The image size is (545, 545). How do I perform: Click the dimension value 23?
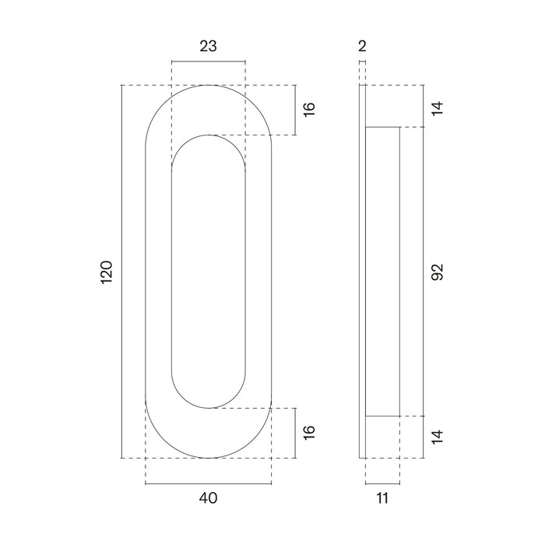[208, 46]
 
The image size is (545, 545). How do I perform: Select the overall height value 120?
[107, 271]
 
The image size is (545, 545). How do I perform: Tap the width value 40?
[208, 497]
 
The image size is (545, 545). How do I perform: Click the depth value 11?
[381, 497]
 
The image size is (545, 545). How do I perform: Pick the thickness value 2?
[362, 46]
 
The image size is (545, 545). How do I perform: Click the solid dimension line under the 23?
[208, 62]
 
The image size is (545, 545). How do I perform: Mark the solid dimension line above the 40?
[208, 484]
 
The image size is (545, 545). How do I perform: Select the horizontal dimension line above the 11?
[381, 484]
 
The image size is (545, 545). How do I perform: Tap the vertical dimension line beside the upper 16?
[296, 110]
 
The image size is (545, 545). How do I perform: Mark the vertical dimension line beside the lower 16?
[296, 432]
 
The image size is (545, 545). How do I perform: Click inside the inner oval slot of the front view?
[208, 271]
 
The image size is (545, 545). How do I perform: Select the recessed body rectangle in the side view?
[382, 271]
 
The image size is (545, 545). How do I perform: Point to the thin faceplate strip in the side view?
[361, 271]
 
